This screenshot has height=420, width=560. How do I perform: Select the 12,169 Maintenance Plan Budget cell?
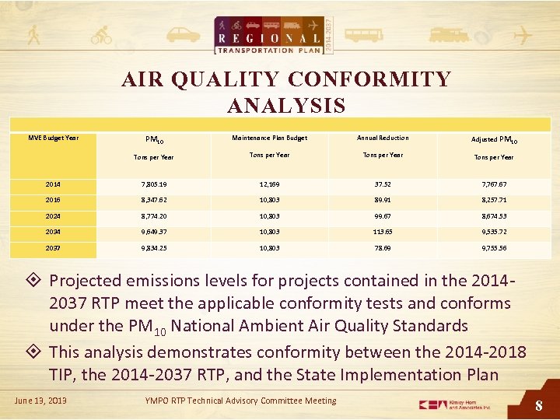(269, 184)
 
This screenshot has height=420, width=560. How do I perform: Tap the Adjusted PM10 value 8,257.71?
(492, 200)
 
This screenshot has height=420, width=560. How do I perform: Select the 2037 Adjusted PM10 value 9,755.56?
(492, 248)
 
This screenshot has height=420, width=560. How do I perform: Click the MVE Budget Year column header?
(54, 138)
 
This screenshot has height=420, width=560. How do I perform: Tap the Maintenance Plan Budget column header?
(269, 138)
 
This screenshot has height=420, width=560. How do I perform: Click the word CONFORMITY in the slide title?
(369, 79)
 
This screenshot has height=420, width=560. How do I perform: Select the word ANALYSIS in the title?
(286, 105)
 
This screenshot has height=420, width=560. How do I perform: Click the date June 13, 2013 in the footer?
(40, 401)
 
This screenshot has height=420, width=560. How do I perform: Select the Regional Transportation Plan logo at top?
(276, 34)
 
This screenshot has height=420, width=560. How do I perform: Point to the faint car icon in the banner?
(183, 35)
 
